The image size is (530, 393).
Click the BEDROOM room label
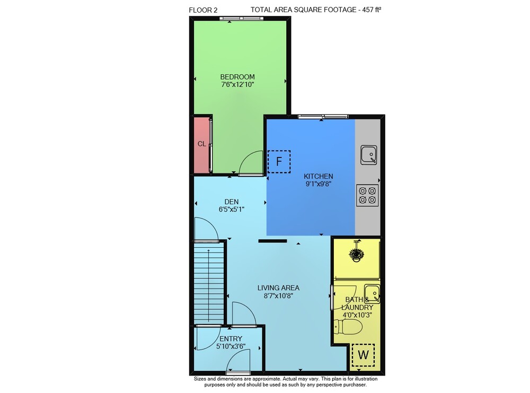point(237,77)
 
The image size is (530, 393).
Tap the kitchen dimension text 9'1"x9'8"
point(318,184)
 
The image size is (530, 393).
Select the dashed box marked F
point(279,162)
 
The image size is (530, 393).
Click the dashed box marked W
point(363,355)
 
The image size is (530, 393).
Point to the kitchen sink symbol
point(368,155)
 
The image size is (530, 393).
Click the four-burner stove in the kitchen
point(367,196)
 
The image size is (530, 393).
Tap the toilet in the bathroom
point(348,327)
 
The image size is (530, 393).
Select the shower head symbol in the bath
point(356,252)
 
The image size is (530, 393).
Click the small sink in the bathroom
point(372,294)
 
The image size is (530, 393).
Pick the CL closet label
point(202,144)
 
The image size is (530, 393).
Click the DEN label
point(232,202)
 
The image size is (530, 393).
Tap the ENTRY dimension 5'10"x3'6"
point(231,346)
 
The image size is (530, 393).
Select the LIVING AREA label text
point(278,288)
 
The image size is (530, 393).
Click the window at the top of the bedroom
point(241,19)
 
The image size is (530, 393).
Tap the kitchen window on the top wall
point(323,117)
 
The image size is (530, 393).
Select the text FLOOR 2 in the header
point(203,10)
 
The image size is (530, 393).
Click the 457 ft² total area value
point(372,10)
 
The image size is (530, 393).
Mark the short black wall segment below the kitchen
point(273,241)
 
